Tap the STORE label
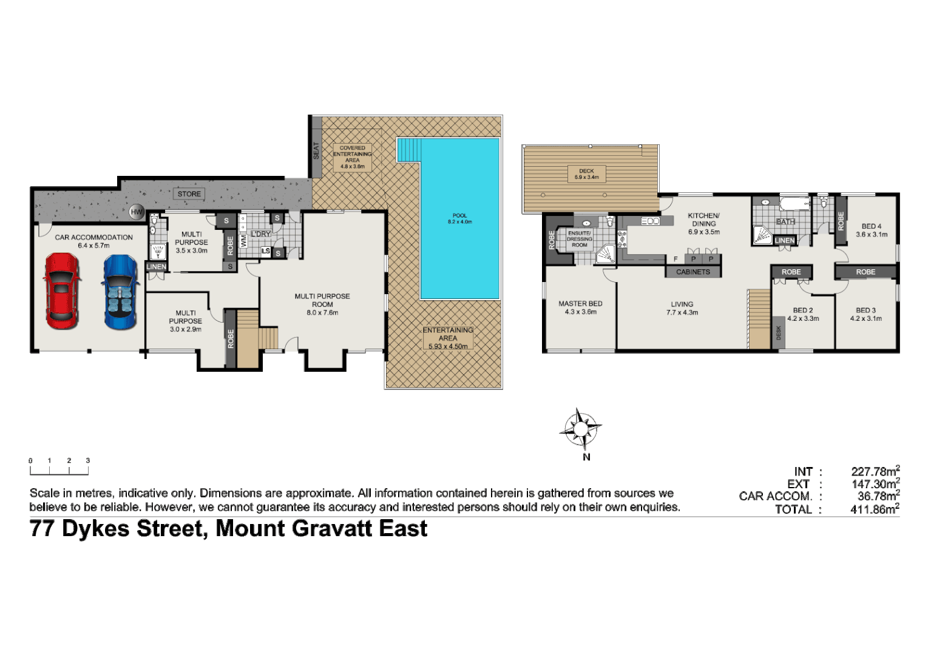pos(189,194)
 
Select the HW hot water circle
pos(137,212)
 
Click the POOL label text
pos(459,215)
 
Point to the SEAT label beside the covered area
pos(316,150)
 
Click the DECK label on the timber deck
pos(586,171)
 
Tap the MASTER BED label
pos(580,304)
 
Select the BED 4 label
pos(872,226)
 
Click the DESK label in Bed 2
pos(779,332)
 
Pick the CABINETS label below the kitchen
pos(693,272)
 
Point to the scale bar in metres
pos(59,468)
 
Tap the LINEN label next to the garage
pos(156,267)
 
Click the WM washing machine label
pos(244,241)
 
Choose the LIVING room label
pos(682,304)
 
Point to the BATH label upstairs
pos(785,222)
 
